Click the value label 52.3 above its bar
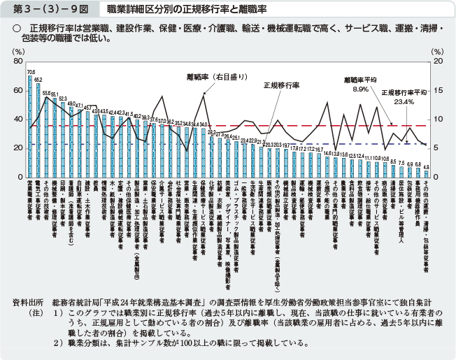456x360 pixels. pos(63,99)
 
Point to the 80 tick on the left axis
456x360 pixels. pos(18,62)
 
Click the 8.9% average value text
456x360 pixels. pos(360,89)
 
